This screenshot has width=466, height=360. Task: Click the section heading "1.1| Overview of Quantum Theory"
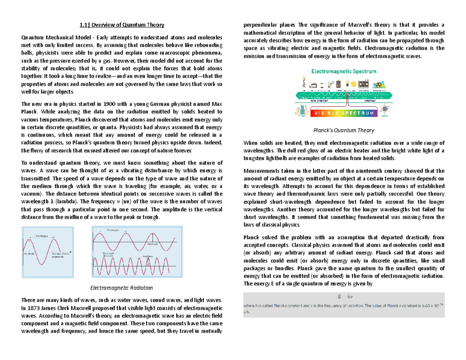pyautogui.click(x=122, y=25)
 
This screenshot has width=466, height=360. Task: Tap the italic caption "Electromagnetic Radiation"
pyautogui.click(x=122, y=288)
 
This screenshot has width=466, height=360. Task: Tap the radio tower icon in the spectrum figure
pyautogui.click(x=304, y=83)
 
